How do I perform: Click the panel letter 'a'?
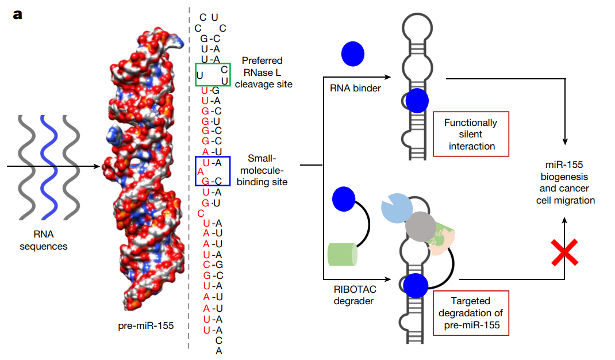pos(18,14)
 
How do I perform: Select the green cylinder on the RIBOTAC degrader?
pos(343,254)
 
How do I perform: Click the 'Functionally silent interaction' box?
pos(471,134)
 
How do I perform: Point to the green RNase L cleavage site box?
pos(213,75)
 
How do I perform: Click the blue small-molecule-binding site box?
pos(213,171)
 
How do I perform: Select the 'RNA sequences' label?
pos(44,240)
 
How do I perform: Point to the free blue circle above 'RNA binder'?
pos(352,53)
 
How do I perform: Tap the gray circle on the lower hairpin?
pos(421,226)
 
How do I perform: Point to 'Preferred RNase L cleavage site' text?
pos(267,72)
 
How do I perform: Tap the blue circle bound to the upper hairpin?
pos(417,101)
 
